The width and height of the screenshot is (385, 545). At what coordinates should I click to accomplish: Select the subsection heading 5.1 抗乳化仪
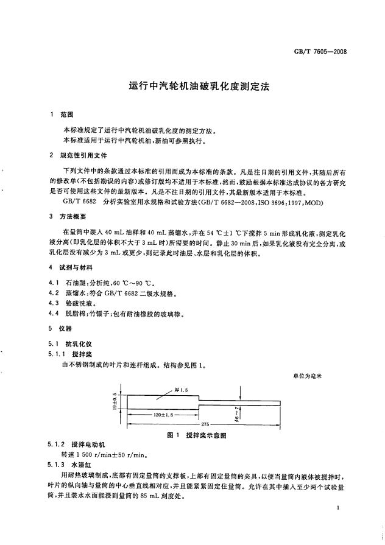pos(69,344)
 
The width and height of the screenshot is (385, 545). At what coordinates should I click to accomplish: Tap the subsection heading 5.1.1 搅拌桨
pos(69,354)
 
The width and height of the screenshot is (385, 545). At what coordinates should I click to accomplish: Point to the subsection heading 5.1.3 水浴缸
pos(70,465)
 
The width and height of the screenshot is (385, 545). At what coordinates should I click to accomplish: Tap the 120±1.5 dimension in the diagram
pos(162,414)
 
